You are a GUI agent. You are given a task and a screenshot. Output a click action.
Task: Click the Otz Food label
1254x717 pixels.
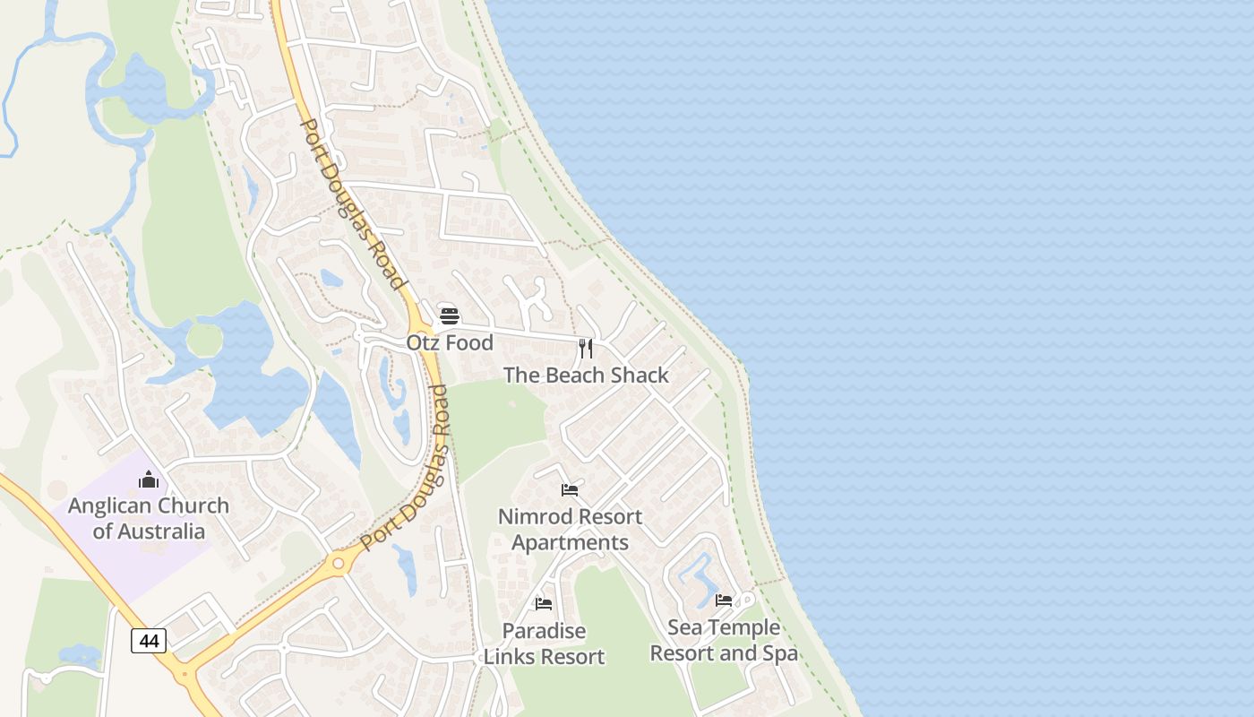click(450, 343)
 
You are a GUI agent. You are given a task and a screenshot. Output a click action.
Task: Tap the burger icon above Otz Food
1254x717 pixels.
click(450, 316)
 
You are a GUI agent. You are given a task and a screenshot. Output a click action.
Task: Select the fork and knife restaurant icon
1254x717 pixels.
click(586, 349)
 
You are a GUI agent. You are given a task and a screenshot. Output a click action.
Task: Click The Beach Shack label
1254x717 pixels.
click(586, 376)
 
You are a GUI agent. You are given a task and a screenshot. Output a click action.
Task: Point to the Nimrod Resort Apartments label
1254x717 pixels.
click(570, 530)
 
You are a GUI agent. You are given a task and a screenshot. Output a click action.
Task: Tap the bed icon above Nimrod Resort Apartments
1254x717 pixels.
click(570, 490)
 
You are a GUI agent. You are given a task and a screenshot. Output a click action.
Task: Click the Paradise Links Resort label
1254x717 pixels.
click(544, 644)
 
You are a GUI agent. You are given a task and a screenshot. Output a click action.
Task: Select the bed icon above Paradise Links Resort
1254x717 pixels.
click(544, 604)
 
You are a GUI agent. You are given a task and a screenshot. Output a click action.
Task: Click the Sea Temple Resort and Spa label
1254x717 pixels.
click(724, 640)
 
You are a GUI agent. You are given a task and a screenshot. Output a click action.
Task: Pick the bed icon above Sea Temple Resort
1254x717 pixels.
click(724, 600)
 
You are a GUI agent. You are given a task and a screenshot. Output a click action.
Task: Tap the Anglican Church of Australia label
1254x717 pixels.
click(149, 518)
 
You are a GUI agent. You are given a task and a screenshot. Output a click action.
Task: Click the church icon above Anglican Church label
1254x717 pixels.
click(149, 480)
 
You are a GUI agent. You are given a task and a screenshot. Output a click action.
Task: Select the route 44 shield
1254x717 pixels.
click(149, 641)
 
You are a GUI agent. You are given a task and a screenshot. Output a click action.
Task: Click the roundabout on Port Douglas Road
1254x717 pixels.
click(339, 564)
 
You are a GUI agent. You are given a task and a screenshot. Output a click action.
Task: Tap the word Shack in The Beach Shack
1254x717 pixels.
click(640, 376)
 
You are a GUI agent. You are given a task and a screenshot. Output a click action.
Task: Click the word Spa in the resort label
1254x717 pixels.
click(780, 653)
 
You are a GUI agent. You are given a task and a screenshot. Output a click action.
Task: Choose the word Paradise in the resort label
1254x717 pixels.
click(544, 631)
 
